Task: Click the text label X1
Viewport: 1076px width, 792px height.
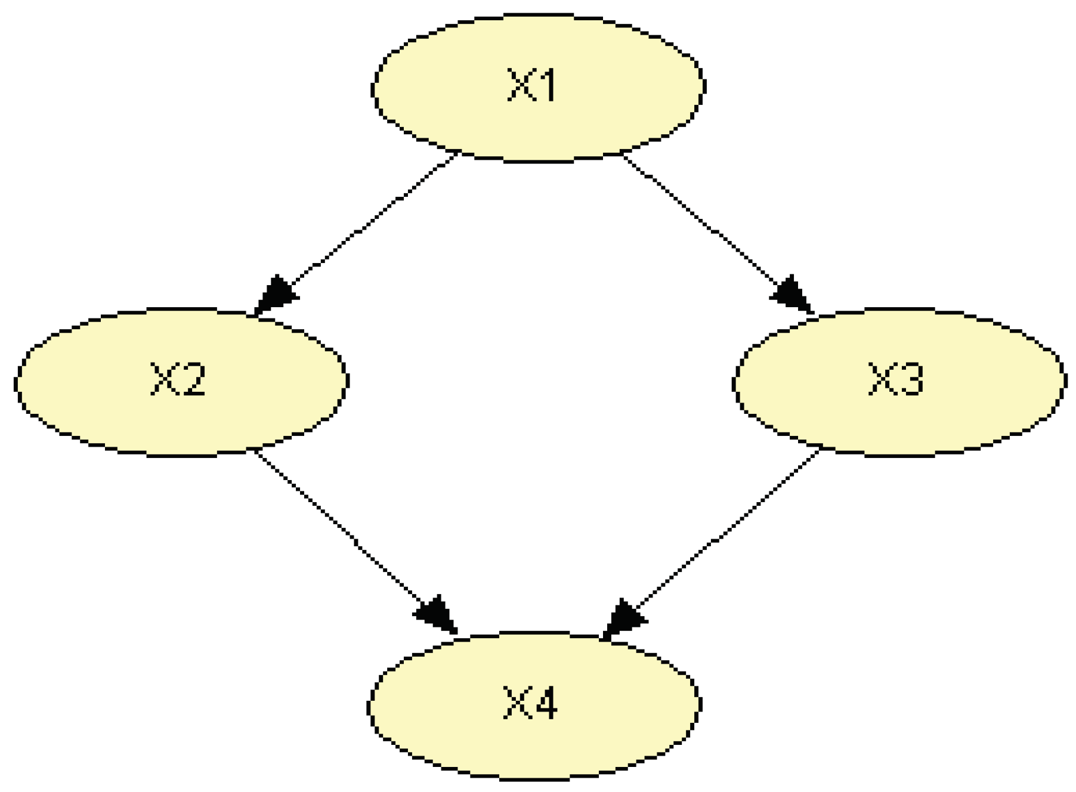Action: [x=532, y=86]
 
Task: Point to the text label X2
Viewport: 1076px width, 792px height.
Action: [x=177, y=380]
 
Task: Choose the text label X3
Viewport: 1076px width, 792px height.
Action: [x=896, y=380]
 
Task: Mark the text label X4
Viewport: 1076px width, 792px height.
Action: [x=530, y=703]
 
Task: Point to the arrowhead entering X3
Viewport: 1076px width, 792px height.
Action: [x=793, y=295]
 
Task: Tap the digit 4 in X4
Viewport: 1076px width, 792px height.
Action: [x=545, y=703]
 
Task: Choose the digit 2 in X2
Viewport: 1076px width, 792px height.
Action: [x=192, y=380]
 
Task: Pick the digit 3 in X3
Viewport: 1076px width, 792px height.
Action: [x=910, y=380]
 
